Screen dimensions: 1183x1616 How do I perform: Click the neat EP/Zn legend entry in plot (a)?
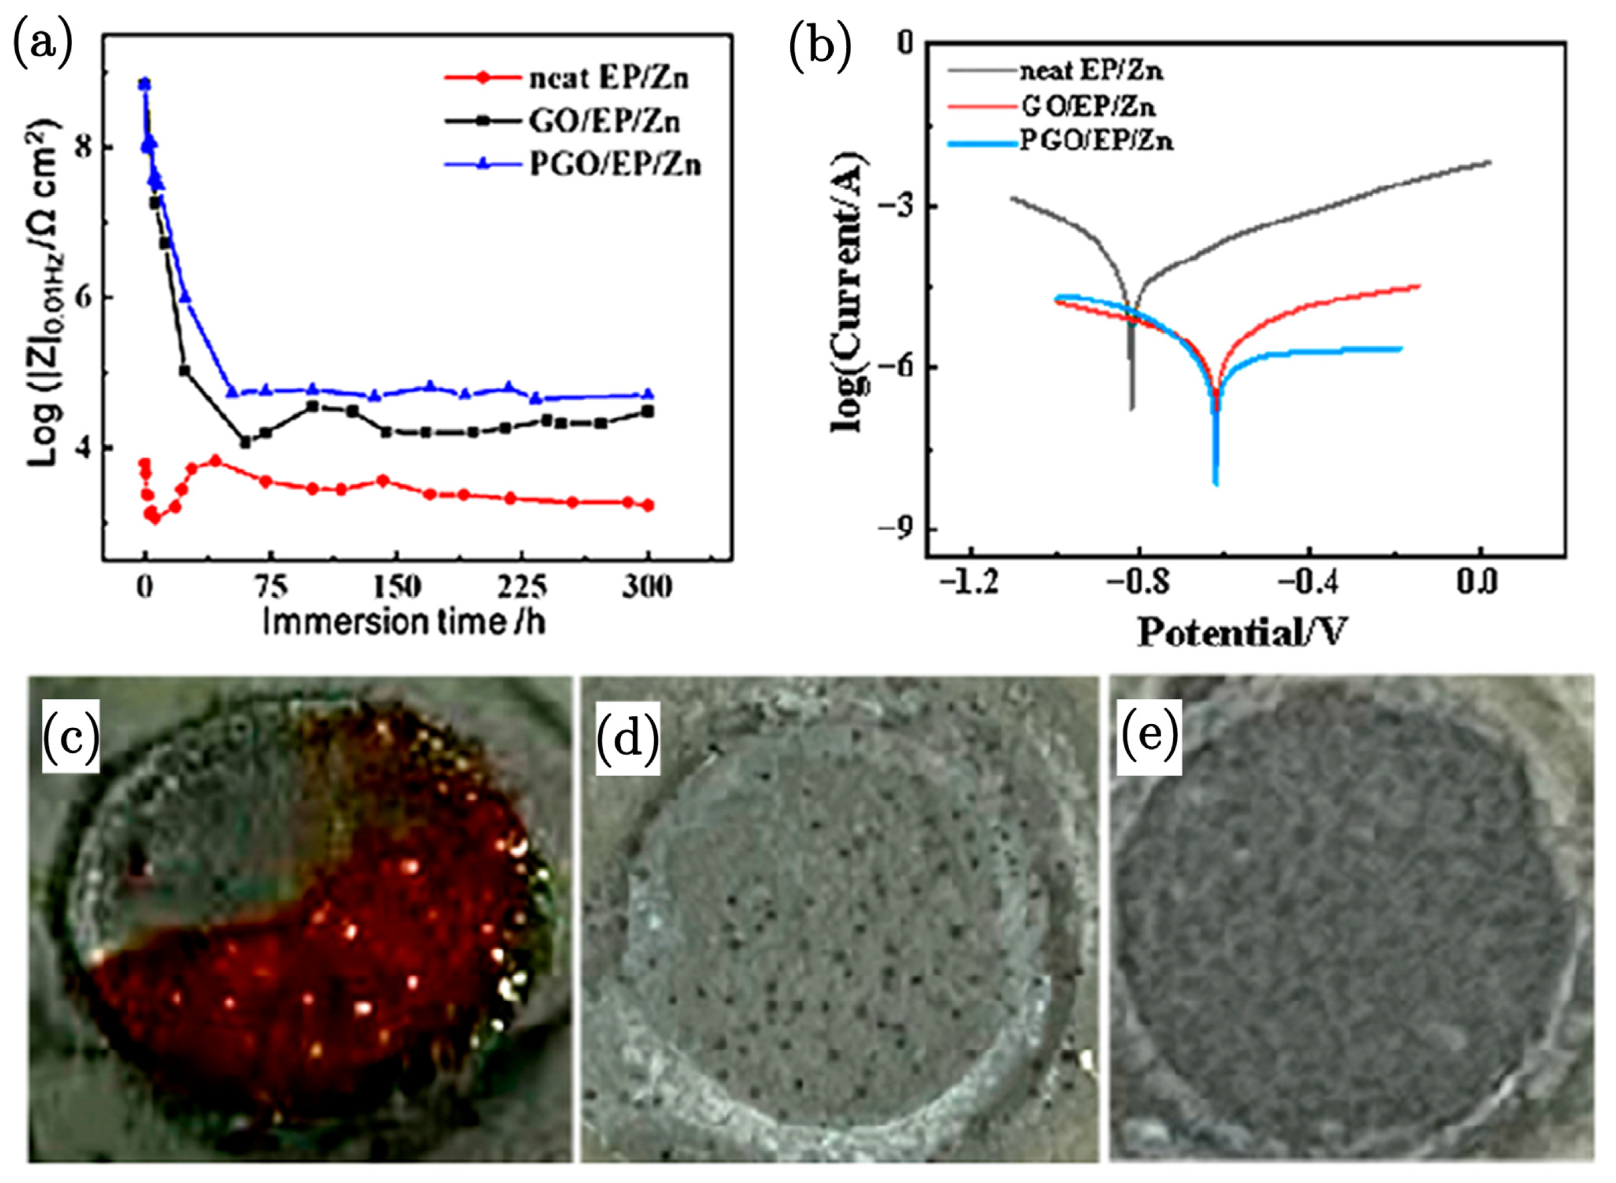(x=608, y=77)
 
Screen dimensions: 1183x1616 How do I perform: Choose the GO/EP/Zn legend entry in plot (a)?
(x=603, y=121)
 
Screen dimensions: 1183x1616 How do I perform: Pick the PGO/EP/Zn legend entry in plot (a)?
(x=615, y=165)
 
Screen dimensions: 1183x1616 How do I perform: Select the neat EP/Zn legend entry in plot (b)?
(x=1091, y=70)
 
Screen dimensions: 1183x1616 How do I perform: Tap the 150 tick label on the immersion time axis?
(x=396, y=587)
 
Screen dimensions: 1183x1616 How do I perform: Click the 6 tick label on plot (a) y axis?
(x=84, y=297)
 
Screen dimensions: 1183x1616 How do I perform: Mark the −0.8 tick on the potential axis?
(x=1138, y=582)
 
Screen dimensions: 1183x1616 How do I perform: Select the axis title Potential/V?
(x=1242, y=633)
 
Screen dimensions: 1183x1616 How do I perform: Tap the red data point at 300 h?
(x=648, y=505)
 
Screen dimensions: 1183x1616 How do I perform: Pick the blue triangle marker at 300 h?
(x=648, y=394)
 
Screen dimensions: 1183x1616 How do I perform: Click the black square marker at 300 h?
(x=648, y=411)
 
